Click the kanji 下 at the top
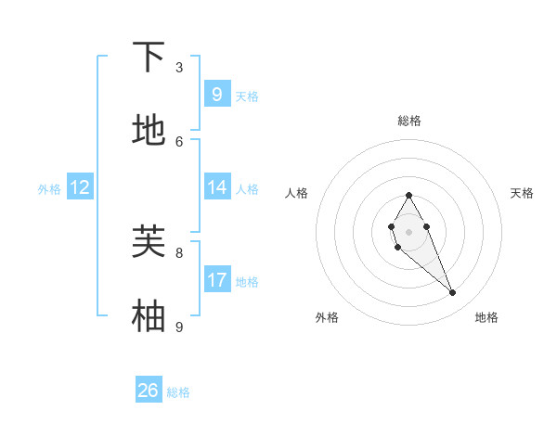(149, 58)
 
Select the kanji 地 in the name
(149, 130)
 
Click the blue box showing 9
(216, 94)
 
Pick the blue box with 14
(216, 186)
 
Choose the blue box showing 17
(216, 279)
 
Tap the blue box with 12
(79, 187)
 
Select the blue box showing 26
(149, 391)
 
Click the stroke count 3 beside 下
(179, 67)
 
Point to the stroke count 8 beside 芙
(179, 251)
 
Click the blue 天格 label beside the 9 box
(247, 96)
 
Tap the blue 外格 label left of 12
(49, 188)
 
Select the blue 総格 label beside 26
(178, 392)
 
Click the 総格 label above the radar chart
(409, 121)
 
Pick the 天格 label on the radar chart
(522, 193)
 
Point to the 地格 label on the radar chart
(486, 317)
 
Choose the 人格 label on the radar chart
(297, 193)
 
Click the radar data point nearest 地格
(453, 293)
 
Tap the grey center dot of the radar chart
(408, 231)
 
